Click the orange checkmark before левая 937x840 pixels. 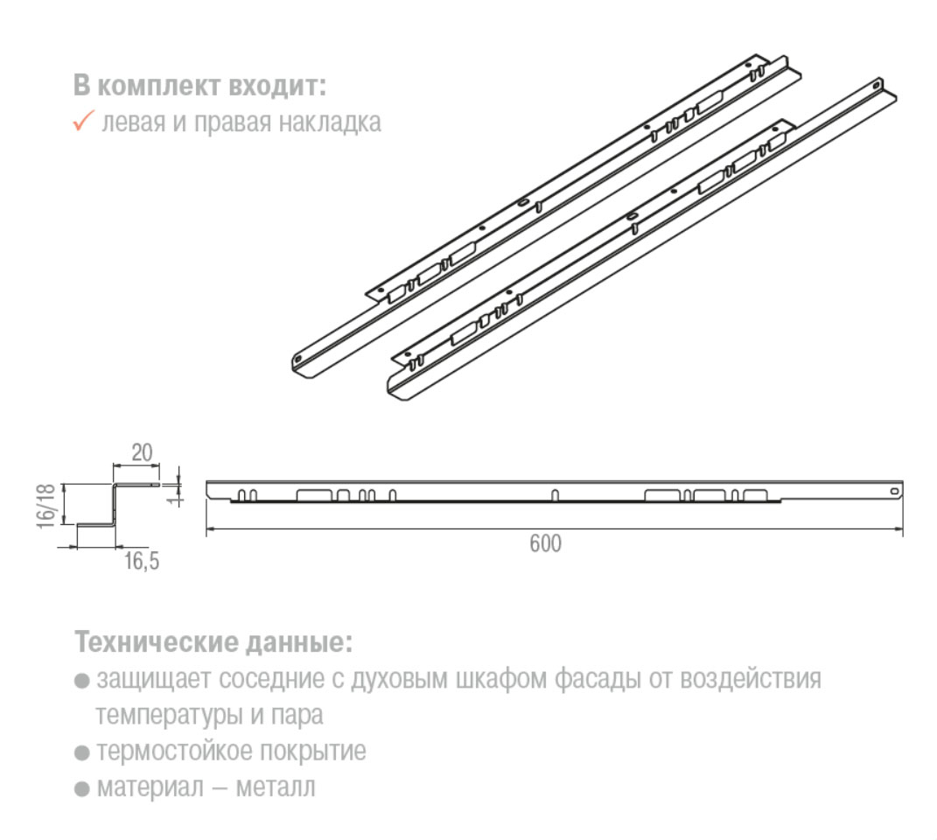point(83,122)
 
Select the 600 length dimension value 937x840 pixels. point(545,543)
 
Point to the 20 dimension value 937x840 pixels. point(142,452)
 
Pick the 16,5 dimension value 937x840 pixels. point(142,562)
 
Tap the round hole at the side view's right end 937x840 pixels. point(893,492)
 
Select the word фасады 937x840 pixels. point(596,680)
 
